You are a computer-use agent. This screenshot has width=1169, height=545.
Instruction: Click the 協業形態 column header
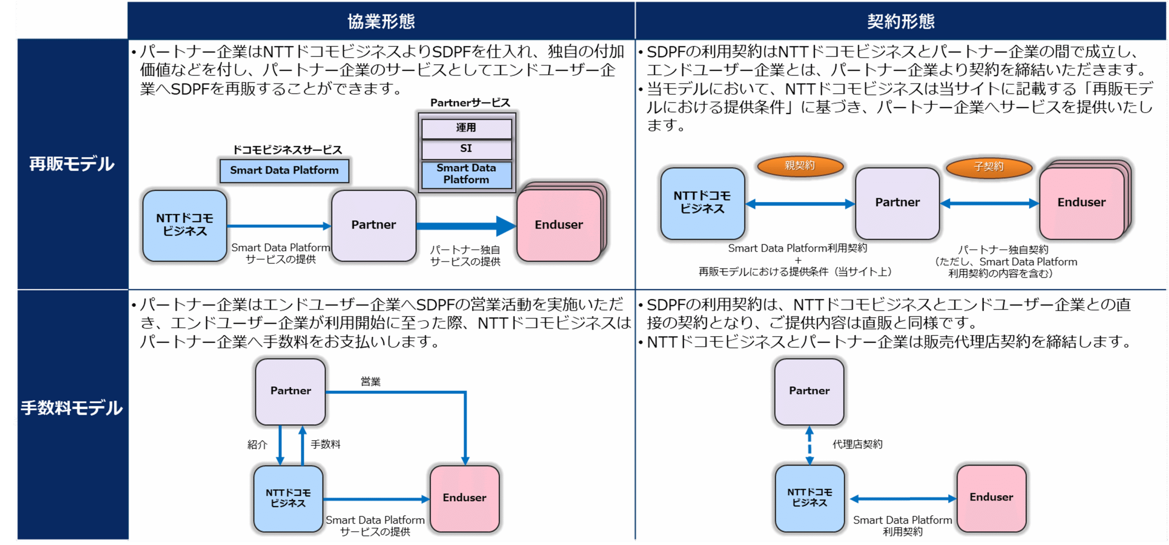381,21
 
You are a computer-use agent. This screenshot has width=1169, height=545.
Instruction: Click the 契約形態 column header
900,21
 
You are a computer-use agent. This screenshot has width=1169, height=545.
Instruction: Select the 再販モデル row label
72,164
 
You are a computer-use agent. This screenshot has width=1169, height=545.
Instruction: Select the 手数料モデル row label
72,407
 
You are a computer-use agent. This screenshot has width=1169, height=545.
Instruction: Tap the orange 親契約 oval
800,166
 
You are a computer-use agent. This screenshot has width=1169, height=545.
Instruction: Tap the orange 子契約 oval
989,166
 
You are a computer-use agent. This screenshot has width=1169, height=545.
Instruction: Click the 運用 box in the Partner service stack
466,128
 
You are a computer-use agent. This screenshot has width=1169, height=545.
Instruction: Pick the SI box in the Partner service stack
466,149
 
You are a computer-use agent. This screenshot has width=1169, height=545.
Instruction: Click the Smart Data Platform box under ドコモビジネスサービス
284,171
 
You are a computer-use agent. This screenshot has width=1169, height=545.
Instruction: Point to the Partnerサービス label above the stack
470,103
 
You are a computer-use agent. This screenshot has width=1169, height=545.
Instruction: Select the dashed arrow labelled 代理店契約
810,445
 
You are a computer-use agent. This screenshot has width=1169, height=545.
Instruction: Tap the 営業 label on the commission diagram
370,382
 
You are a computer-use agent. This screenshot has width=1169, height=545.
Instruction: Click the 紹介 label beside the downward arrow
257,444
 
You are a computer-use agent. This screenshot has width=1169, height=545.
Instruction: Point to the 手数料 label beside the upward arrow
326,444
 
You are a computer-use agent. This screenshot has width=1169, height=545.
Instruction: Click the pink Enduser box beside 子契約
1081,203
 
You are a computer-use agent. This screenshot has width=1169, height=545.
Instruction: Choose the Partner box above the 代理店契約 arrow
809,391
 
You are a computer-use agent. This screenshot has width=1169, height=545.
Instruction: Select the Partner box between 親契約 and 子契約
897,203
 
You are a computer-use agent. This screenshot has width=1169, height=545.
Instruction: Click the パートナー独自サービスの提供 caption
465,256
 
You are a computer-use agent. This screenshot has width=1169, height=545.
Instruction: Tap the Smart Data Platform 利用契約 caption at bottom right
902,526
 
